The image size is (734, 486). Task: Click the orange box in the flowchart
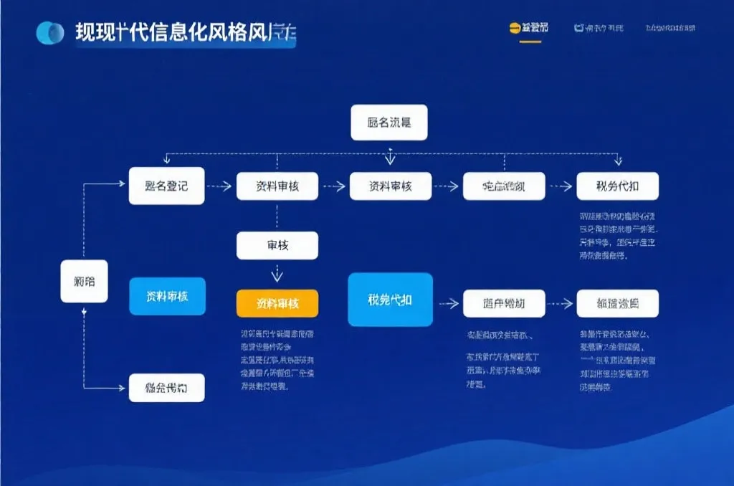(x=277, y=303)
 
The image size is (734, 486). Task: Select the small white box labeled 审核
(x=277, y=246)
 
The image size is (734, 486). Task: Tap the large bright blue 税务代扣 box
(x=390, y=300)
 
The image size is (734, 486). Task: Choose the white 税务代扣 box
(x=617, y=186)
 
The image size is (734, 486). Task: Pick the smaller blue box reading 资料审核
(x=167, y=296)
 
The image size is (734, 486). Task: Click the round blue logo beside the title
(x=50, y=32)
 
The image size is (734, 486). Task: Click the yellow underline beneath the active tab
(x=530, y=41)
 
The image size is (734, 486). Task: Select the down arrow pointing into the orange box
(x=277, y=275)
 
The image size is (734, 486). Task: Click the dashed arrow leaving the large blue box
(x=449, y=303)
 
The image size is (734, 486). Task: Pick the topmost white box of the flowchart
(x=389, y=122)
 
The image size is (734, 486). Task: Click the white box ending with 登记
(x=166, y=186)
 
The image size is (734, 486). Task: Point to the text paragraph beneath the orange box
(x=277, y=360)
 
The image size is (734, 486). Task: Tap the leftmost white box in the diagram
(x=84, y=280)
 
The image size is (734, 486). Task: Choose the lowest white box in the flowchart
(x=166, y=388)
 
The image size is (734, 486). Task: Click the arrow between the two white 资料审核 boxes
(x=333, y=186)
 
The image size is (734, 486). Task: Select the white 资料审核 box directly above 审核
(x=277, y=186)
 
